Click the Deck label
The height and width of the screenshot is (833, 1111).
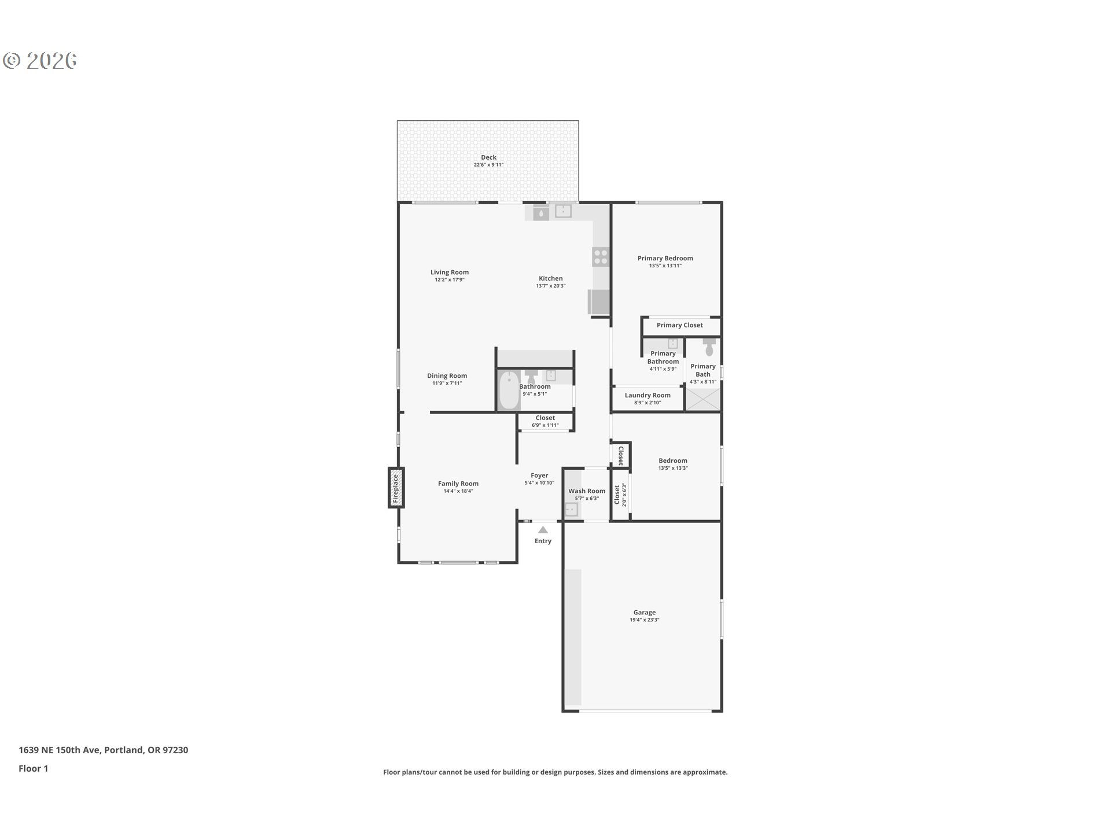[488, 157]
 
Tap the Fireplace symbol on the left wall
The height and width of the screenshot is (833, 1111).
[396, 488]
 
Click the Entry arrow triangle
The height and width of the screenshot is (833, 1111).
[543, 529]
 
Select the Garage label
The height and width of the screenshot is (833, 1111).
[644, 612]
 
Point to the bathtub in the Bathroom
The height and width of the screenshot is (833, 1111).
[509, 390]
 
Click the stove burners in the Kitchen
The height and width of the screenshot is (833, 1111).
[601, 257]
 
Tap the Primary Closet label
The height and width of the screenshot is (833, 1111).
[680, 325]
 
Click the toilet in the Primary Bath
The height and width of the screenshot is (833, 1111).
[709, 347]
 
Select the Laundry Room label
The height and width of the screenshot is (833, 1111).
[648, 395]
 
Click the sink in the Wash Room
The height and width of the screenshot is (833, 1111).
[571, 510]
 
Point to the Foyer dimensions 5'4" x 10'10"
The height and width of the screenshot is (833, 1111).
[539, 483]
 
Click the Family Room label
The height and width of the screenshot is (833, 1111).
[458, 484]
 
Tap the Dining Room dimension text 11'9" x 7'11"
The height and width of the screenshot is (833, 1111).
[447, 383]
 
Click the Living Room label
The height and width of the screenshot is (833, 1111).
[450, 272]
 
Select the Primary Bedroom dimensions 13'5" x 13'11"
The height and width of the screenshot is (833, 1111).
[665, 266]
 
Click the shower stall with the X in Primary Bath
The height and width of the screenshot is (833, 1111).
[703, 400]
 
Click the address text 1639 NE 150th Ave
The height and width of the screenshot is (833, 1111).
[60, 750]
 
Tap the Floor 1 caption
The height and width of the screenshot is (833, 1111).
[33, 768]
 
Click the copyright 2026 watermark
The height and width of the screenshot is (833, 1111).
[40, 61]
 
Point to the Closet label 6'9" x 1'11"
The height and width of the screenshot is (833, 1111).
[545, 421]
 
